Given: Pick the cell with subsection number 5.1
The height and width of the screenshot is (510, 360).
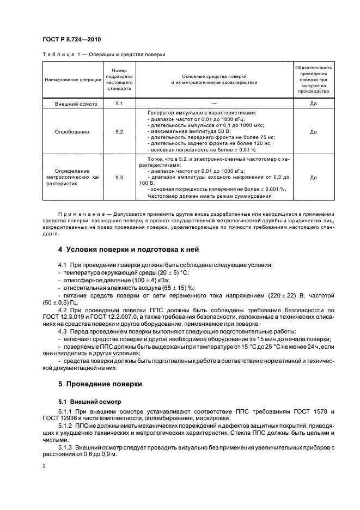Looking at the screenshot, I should tap(119, 103).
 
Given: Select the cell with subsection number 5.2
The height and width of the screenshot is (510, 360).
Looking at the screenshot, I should tap(119, 132).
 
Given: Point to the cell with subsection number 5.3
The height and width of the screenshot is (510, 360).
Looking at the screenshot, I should tap(119, 178).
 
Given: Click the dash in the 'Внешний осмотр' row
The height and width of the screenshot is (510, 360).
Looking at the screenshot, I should tap(213, 103).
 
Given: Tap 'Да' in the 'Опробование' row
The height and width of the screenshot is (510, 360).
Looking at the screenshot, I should tap(313, 132).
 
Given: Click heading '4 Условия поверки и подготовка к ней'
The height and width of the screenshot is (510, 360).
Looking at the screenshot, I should tap(129, 250).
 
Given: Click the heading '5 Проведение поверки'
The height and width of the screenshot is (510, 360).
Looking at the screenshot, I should tap(100, 384).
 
